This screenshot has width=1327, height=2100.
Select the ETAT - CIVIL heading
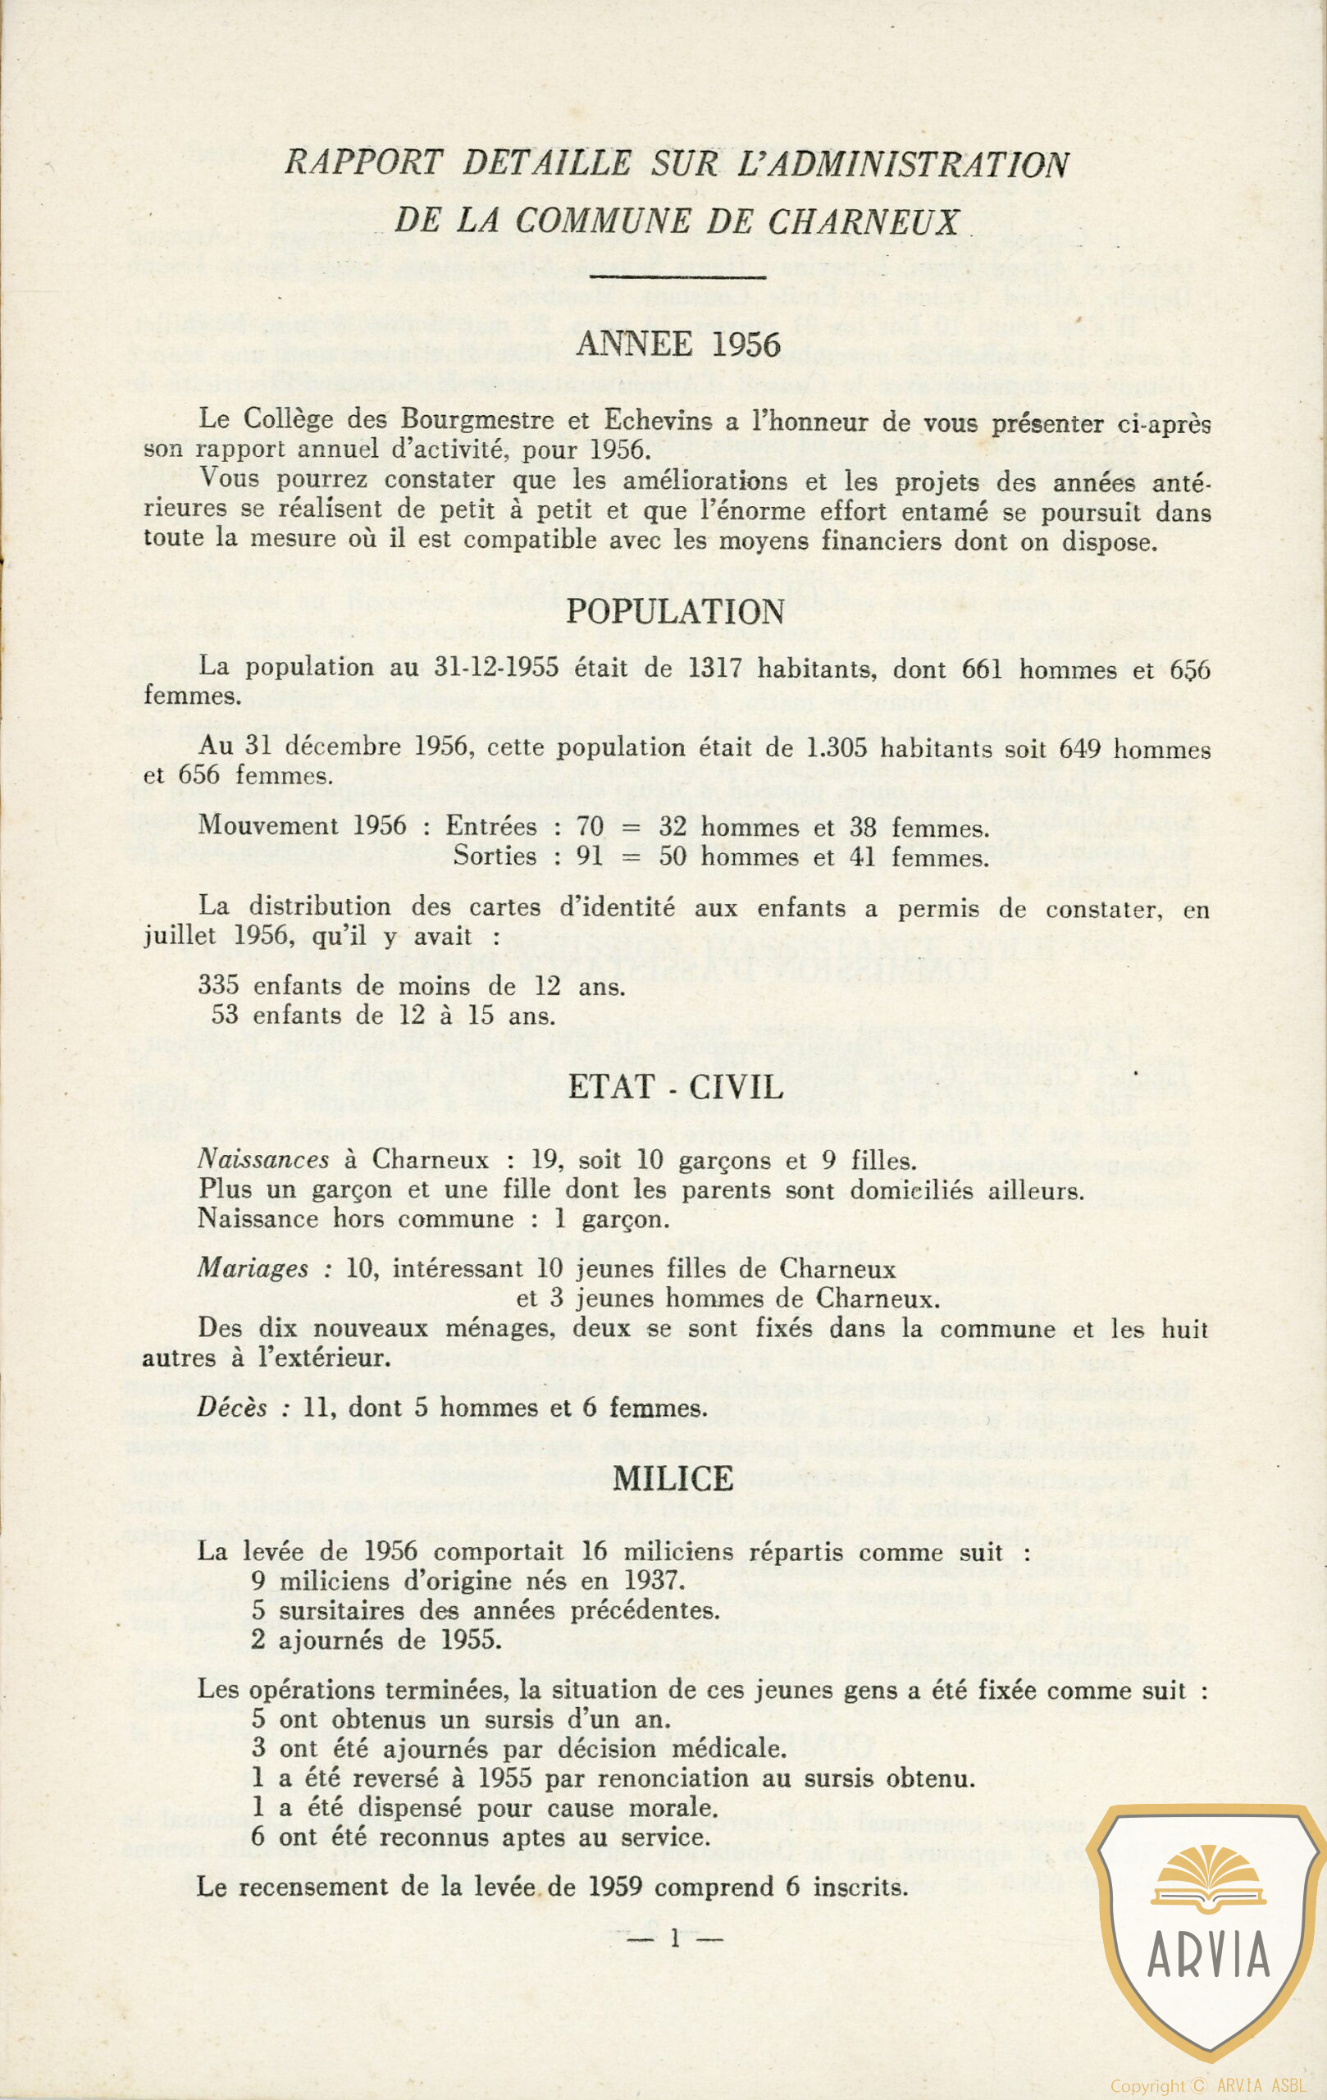tap(676, 1087)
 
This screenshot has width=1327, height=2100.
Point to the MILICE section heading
tap(673, 1477)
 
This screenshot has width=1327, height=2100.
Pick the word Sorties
tap(495, 856)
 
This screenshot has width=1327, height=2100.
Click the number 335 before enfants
tap(219, 985)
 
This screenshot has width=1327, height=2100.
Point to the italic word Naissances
tap(263, 1159)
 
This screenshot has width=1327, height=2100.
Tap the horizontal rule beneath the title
tap(677, 277)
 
